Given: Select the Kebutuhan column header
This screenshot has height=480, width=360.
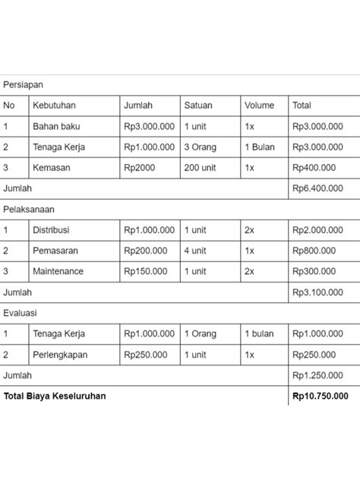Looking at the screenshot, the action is [x=54, y=106].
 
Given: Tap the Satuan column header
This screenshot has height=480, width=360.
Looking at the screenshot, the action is [x=197, y=106].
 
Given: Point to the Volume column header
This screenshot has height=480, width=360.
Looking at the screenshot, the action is [x=259, y=106].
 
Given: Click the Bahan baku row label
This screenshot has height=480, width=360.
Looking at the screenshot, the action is [x=55, y=127].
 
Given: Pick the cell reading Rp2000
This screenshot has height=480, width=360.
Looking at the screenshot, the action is [x=139, y=168].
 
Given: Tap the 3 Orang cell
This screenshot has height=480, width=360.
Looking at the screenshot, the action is [x=201, y=147].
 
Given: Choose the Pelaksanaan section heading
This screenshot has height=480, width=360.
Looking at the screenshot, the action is [x=29, y=209].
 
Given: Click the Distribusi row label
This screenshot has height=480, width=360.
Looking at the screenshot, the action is [x=51, y=230].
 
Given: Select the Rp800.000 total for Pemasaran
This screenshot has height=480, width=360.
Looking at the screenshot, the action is [x=314, y=251].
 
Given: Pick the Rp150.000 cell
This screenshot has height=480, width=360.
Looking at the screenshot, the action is [x=146, y=271].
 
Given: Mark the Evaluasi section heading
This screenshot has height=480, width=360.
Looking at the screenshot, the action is [x=21, y=313].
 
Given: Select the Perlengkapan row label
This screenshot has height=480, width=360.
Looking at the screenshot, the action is [x=60, y=355].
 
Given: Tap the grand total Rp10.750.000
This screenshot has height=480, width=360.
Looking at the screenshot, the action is [x=320, y=396].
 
